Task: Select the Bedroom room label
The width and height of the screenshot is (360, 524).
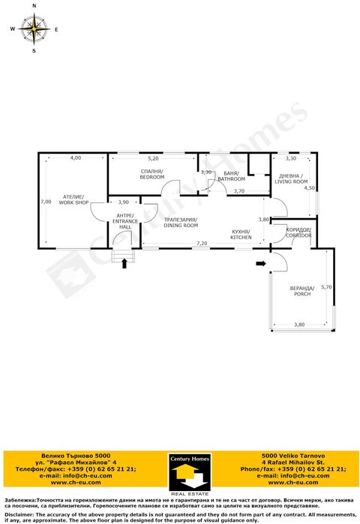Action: (x=151, y=175)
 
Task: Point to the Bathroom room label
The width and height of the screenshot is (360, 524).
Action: (x=231, y=177)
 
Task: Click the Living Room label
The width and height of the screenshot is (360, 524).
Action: (x=291, y=179)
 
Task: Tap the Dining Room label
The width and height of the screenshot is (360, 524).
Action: (x=181, y=222)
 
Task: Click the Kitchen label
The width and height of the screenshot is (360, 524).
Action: (x=241, y=235)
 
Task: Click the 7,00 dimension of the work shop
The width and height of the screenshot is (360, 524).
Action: (x=46, y=201)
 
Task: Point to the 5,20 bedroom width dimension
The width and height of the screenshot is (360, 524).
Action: (x=153, y=159)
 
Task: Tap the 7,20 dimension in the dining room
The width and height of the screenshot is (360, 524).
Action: (x=202, y=243)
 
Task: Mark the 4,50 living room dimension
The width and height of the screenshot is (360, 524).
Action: (x=309, y=188)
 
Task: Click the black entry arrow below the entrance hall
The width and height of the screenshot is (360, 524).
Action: (x=124, y=263)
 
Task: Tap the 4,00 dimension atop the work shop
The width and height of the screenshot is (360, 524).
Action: (x=76, y=158)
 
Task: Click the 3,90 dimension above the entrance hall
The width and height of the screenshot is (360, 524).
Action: (x=124, y=202)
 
